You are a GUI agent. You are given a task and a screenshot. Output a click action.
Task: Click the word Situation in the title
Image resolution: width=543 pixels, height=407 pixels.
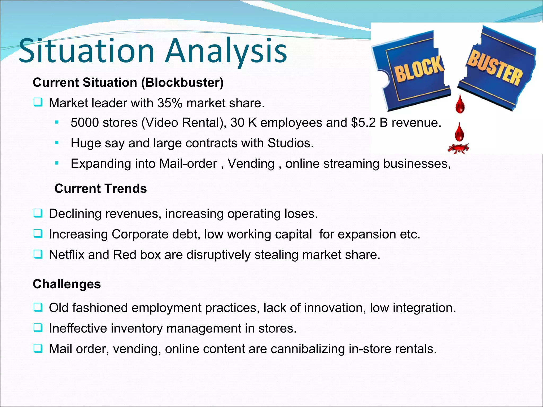click(x=86, y=51)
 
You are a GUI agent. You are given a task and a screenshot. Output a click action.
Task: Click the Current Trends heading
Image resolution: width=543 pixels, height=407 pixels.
click(x=100, y=189)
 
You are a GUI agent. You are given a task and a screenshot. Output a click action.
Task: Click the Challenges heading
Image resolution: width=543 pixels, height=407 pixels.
click(x=67, y=284)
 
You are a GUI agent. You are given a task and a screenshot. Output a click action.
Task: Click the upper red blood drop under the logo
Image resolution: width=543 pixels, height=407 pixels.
click(x=460, y=104)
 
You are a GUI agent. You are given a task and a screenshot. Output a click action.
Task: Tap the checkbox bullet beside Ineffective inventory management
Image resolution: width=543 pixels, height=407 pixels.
click(x=38, y=328)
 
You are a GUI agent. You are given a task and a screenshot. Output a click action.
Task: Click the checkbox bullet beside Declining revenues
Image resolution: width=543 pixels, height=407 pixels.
click(x=38, y=213)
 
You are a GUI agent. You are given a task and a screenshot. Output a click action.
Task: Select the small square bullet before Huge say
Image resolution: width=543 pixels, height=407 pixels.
click(x=56, y=143)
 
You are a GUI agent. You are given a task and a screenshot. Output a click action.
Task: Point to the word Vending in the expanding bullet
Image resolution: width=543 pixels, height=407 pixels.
click(x=251, y=163)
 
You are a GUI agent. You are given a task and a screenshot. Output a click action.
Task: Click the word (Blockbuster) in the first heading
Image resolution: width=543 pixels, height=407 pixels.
click(x=182, y=82)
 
